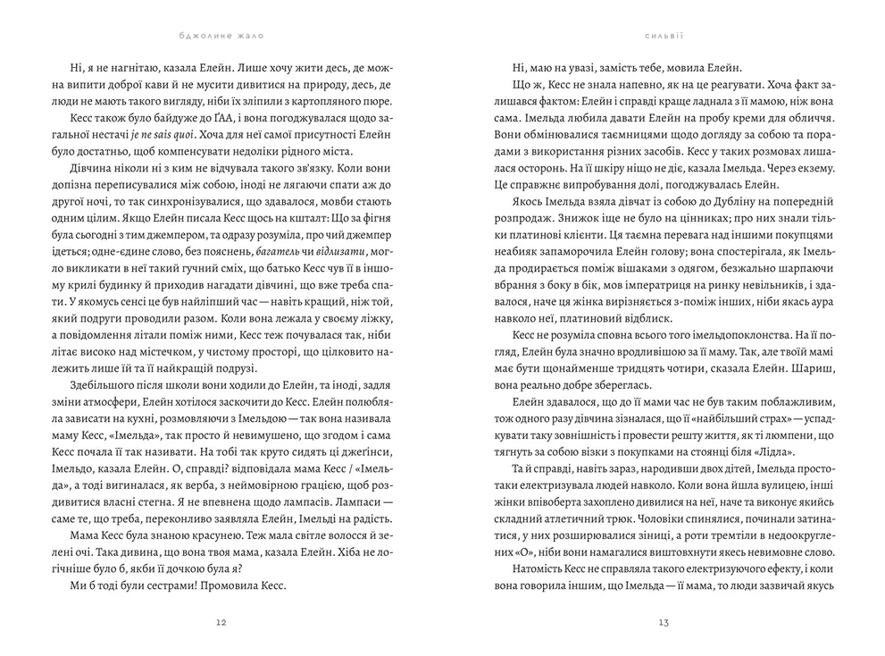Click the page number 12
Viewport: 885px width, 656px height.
(x=221, y=623)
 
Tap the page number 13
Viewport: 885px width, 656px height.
(x=663, y=623)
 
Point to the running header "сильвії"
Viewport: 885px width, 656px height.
(x=663, y=37)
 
